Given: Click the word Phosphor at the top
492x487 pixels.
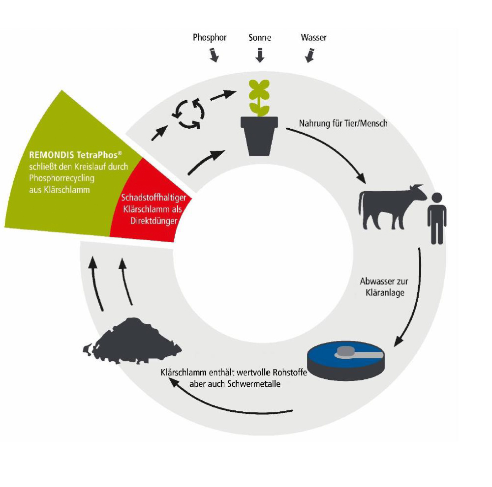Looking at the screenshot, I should (209, 38).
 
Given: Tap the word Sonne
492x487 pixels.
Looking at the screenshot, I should (259, 38).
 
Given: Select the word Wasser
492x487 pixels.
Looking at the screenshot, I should (313, 38).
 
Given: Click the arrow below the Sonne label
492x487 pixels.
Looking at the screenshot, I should (260, 55).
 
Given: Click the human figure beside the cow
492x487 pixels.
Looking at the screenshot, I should (437, 218).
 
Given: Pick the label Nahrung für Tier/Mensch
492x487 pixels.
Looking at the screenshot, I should (343, 123).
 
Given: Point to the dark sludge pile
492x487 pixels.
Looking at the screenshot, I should (133, 339).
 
